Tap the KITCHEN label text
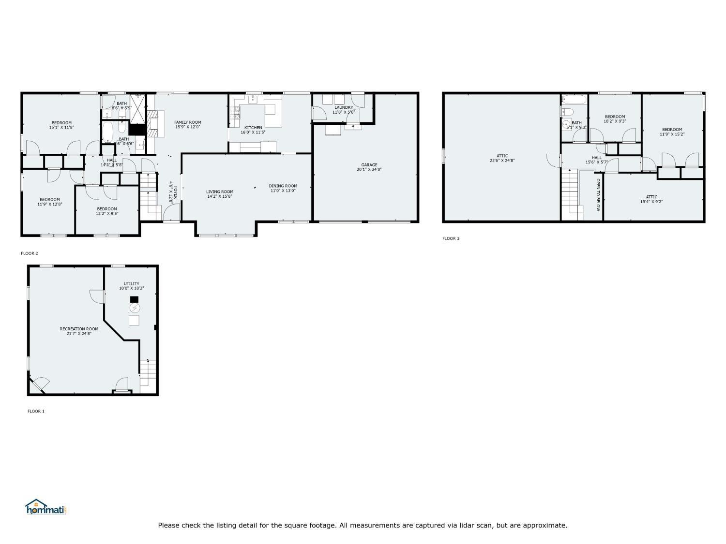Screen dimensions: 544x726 pyautogui.click(x=253, y=128)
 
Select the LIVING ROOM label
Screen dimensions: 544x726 pyautogui.click(x=220, y=191)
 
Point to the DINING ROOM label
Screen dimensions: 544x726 pyautogui.click(x=283, y=186)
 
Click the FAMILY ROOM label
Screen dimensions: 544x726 pyautogui.click(x=188, y=122)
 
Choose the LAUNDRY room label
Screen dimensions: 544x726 pyautogui.click(x=344, y=107)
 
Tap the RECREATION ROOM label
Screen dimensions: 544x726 pyautogui.click(x=79, y=329)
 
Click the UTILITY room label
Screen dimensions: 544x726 pyautogui.click(x=131, y=284)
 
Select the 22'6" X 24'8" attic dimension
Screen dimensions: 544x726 pyautogui.click(x=502, y=161)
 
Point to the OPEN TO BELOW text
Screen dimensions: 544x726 pyautogui.click(x=598, y=195)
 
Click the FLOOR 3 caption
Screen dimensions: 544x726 pyautogui.click(x=451, y=238)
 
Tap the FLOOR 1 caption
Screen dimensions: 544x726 pyautogui.click(x=36, y=412)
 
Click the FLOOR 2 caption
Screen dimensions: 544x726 pyautogui.click(x=29, y=253)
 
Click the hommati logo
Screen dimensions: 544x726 pyautogui.click(x=45, y=507)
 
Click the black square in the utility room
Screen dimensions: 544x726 pyautogui.click(x=134, y=299)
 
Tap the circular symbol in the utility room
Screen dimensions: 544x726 pyautogui.click(x=135, y=308)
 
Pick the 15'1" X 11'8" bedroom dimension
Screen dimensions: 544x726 pyautogui.click(x=61, y=128)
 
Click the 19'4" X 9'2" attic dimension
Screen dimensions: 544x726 pyautogui.click(x=651, y=202)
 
